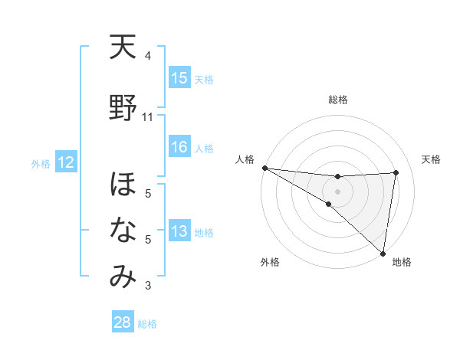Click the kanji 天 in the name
(x=123, y=49)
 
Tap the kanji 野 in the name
(x=123, y=110)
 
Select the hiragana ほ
(x=123, y=185)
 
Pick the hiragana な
(x=123, y=231)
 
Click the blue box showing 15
(x=179, y=78)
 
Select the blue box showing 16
(x=179, y=147)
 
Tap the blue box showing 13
(x=179, y=231)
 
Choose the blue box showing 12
(x=66, y=162)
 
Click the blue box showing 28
(x=123, y=322)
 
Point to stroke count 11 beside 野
(x=148, y=117)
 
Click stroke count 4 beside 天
(x=148, y=56)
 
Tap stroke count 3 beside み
(x=148, y=286)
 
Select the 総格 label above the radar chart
(x=338, y=100)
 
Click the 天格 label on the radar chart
(x=431, y=159)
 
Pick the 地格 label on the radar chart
(x=402, y=263)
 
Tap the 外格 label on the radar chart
(x=270, y=263)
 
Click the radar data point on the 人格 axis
(x=264, y=168)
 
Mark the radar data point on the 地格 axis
(x=383, y=253)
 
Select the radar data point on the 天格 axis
(x=396, y=172)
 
